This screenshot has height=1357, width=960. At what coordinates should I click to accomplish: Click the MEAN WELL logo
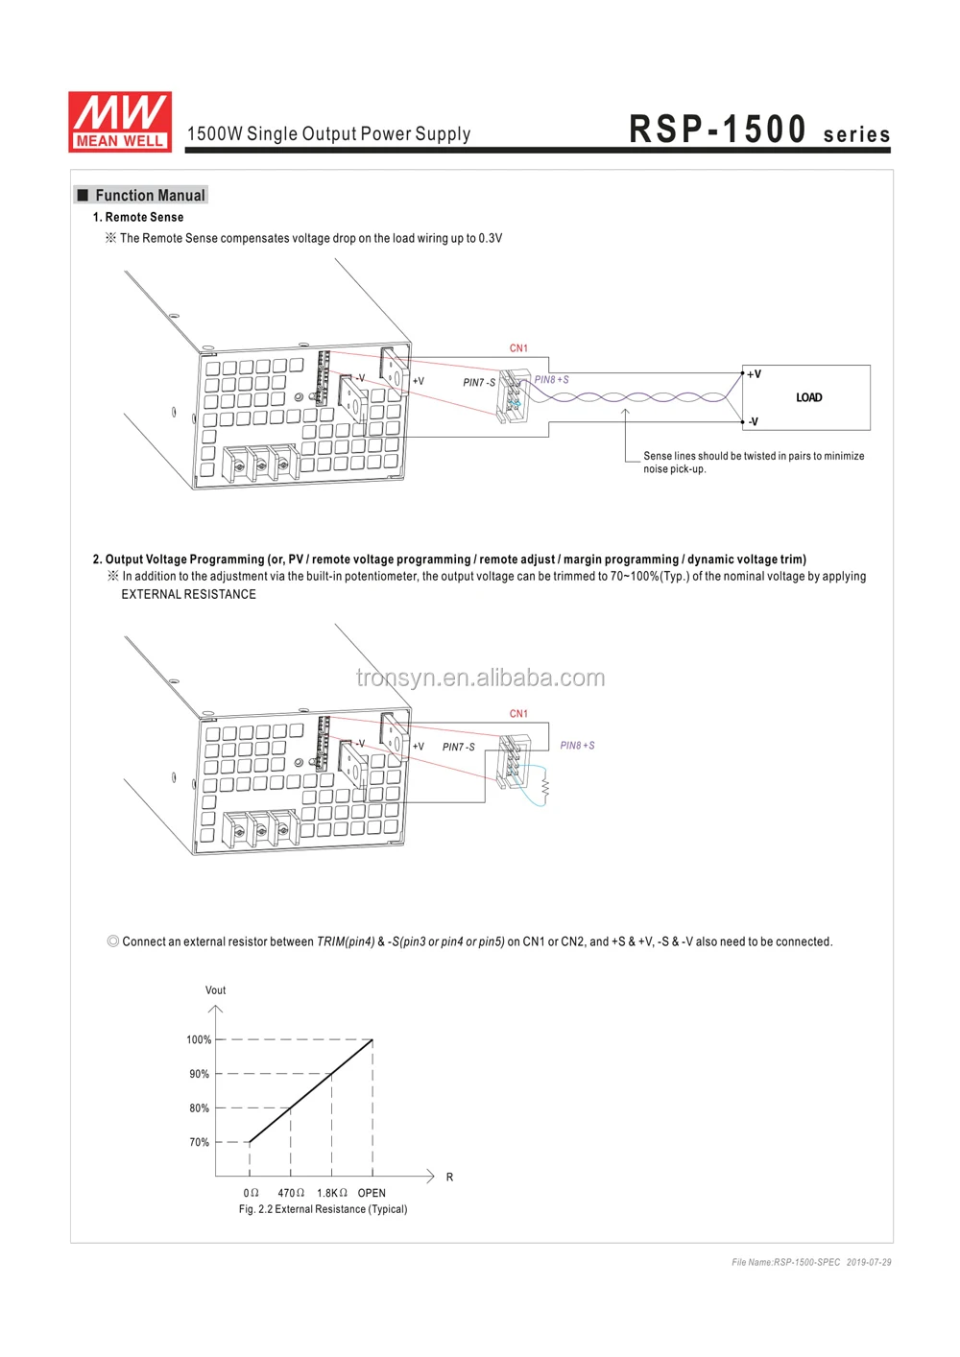click(x=120, y=122)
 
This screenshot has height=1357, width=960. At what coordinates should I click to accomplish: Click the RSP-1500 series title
click(x=759, y=131)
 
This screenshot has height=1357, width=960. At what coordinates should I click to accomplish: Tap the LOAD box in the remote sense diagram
click(x=807, y=397)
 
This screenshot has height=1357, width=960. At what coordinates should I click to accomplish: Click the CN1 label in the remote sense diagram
click(x=518, y=348)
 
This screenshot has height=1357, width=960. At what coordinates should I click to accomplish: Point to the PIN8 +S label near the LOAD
click(x=552, y=380)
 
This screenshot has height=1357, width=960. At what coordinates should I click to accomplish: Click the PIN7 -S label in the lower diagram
click(x=459, y=747)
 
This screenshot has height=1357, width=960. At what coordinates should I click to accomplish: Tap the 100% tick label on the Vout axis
click(x=199, y=1039)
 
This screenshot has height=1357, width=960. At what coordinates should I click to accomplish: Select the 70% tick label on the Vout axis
click(x=199, y=1142)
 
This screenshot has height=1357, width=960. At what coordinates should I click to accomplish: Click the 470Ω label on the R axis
click(x=291, y=1193)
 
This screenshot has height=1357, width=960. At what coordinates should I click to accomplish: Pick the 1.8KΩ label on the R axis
click(x=332, y=1193)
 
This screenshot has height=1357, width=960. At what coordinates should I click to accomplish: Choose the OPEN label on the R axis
click(x=372, y=1193)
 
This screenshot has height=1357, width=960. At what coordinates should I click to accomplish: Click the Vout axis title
click(x=215, y=990)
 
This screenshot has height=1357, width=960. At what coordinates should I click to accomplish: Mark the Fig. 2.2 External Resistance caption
click(x=323, y=1209)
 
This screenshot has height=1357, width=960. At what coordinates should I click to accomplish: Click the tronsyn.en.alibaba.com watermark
click(x=480, y=678)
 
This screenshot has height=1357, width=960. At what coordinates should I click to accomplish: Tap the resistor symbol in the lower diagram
click(x=545, y=787)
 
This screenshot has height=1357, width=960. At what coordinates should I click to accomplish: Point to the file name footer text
click(x=811, y=1262)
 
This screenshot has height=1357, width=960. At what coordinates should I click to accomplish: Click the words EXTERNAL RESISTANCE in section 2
click(x=188, y=595)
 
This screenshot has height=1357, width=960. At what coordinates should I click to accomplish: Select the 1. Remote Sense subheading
click(x=138, y=218)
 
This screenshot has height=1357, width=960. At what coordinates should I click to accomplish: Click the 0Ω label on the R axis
click(x=251, y=1193)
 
